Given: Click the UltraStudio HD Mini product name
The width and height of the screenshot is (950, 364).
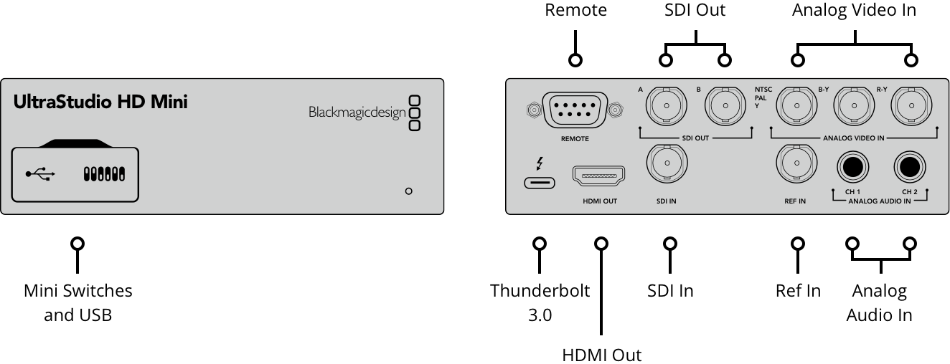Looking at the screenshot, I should [x=100, y=102].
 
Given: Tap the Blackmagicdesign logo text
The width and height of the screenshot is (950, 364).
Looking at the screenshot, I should [x=357, y=112].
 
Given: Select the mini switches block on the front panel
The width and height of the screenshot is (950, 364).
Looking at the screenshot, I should [x=104, y=174].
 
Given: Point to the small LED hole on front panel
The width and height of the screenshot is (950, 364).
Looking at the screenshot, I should [x=408, y=191].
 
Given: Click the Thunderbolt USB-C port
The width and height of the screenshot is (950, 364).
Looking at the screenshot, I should [x=540, y=183].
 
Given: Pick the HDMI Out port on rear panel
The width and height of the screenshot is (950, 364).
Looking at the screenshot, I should [x=599, y=175].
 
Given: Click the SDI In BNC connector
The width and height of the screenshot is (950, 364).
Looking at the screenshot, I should [x=667, y=164].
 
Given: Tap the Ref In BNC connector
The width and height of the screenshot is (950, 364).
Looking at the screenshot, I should [x=796, y=164].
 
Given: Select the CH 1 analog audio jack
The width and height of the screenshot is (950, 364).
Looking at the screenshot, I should [x=852, y=167].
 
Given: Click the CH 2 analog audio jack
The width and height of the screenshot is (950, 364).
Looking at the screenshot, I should [x=910, y=167].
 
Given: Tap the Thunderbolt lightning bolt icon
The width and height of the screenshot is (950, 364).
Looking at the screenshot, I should [x=540, y=164].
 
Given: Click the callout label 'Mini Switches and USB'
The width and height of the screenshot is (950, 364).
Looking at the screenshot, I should [x=77, y=302].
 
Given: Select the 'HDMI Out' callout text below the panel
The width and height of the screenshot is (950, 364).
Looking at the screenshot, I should [x=601, y=355].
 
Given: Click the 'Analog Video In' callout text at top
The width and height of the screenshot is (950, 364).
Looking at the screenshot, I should [x=854, y=10].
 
